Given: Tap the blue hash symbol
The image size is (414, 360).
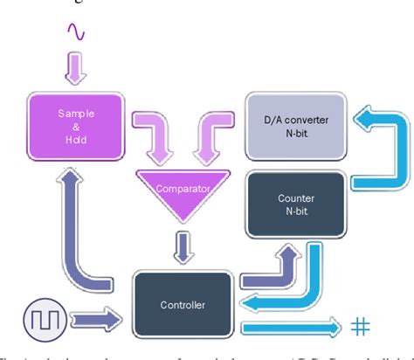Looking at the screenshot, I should pyautogui.click(x=358, y=327).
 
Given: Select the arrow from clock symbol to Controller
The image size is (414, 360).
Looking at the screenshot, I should pyautogui.click(x=99, y=313).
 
